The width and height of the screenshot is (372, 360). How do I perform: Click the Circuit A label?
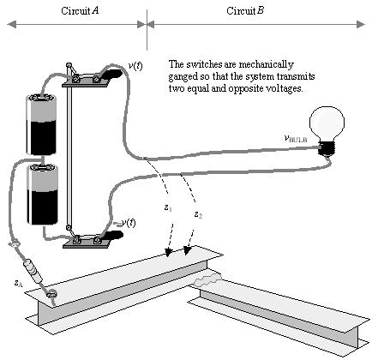(80, 11)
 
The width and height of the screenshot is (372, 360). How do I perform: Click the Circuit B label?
(245, 11)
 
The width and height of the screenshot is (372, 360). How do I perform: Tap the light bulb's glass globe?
(327, 123)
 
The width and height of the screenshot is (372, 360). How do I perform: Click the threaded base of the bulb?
(327, 148)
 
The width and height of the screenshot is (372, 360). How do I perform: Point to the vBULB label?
(296, 139)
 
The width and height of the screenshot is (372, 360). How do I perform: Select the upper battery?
(41, 124)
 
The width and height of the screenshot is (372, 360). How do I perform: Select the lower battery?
(43, 195)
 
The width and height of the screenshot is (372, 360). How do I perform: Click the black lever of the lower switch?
(112, 236)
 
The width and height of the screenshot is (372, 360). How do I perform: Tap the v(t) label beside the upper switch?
(135, 66)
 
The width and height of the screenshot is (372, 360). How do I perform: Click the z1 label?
(168, 208)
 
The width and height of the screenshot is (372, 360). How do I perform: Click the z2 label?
(198, 214)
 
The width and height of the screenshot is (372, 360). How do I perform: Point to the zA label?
(18, 283)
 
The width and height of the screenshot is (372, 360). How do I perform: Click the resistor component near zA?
(33, 271)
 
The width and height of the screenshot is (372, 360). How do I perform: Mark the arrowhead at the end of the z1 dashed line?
(169, 251)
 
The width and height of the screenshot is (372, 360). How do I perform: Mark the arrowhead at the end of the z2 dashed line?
(187, 250)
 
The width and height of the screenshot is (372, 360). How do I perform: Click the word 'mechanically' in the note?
(267, 64)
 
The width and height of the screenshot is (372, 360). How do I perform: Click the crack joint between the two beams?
(207, 279)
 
